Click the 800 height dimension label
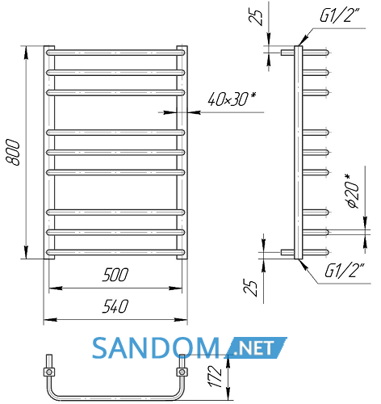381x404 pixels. click(13, 152)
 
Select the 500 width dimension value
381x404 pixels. click(115, 275)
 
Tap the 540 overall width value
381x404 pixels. click(115, 306)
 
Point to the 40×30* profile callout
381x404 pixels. click(232, 99)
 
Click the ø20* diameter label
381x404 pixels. click(353, 191)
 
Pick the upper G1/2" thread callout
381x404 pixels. click(340, 15)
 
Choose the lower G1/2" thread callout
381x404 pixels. click(345, 270)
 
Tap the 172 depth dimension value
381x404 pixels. click(216, 377)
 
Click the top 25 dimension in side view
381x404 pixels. click(256, 18)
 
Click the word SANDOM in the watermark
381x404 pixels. click(156, 348)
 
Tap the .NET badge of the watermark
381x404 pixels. click(256, 348)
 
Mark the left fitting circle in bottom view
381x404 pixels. click(49, 372)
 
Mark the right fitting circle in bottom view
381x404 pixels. click(182, 372)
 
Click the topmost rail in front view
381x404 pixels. click(115, 53)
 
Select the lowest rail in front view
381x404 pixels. click(115, 252)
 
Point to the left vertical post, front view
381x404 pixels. click(49, 153)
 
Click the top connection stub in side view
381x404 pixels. click(287, 53)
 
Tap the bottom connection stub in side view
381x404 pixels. click(287, 252)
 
